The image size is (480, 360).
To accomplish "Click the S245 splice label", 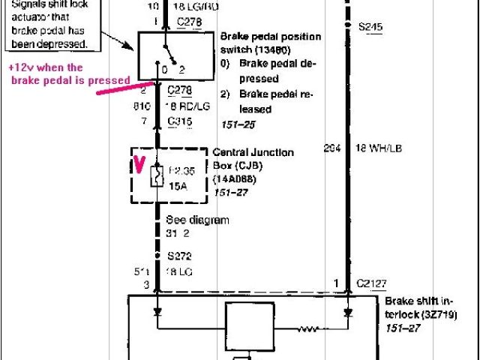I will (370, 28).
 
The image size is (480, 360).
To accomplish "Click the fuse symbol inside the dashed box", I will (157, 178).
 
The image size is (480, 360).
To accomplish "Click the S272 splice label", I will (179, 255).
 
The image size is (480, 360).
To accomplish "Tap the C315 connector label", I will (179, 121).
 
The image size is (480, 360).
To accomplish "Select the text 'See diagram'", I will (197, 220).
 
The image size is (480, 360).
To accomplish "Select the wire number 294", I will (331, 148).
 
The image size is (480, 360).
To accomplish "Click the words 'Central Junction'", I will (253, 152).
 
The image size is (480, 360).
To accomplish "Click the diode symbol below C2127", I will (346, 310).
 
